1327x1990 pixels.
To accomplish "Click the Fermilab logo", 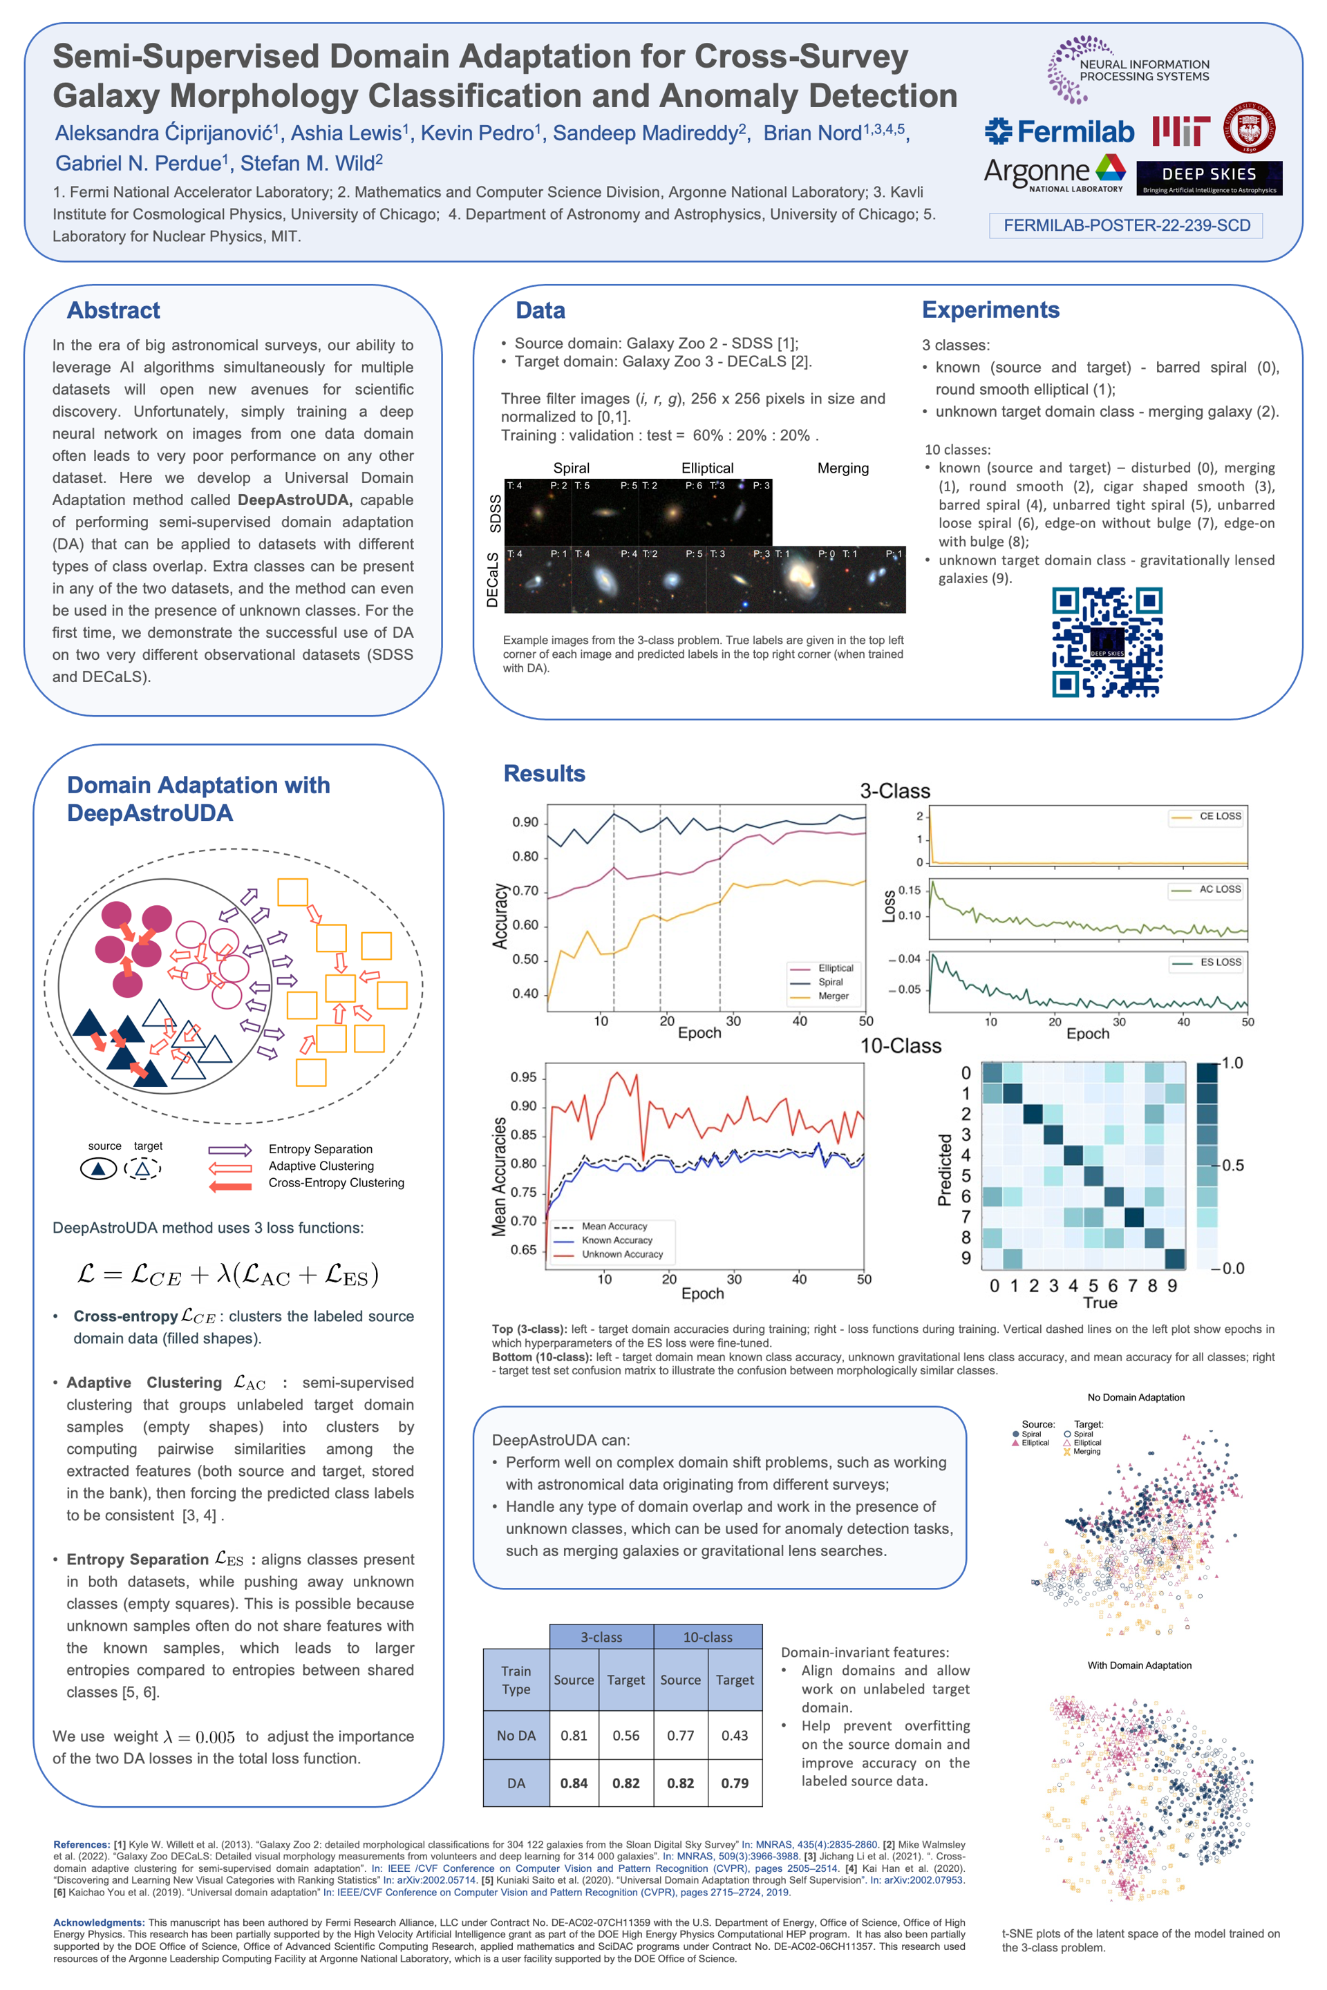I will (x=1060, y=132).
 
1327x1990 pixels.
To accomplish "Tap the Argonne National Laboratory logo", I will (x=1053, y=174).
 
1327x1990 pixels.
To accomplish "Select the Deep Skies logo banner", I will (x=1209, y=178).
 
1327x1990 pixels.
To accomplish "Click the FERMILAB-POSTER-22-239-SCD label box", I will (x=1126, y=225).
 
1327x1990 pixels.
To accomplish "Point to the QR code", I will (x=1107, y=642).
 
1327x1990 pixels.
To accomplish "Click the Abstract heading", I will (x=113, y=310).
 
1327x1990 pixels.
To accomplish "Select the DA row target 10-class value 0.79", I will (x=735, y=1783).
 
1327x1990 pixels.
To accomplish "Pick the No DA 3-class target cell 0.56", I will (x=625, y=1735).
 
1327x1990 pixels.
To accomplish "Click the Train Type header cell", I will (x=516, y=1680).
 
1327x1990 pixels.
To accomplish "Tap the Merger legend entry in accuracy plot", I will (x=833, y=996).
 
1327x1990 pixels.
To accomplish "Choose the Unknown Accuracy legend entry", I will (x=622, y=1254).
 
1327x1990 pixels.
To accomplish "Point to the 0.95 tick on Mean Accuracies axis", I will (x=523, y=1077).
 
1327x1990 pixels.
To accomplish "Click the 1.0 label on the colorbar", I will (x=1232, y=1063).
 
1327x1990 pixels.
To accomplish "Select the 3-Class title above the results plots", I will (x=894, y=791).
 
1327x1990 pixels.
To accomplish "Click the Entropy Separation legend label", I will (x=320, y=1149).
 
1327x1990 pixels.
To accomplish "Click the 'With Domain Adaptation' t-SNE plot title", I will (x=1139, y=1665).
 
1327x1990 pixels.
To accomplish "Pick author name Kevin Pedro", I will (x=478, y=133).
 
